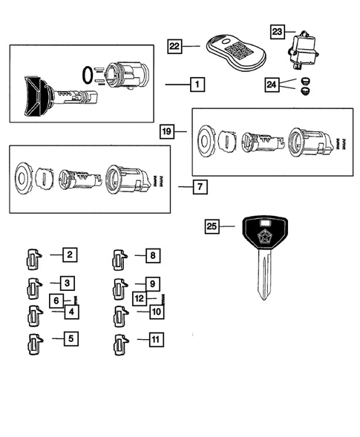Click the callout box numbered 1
(x=197, y=85)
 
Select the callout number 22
(x=175, y=46)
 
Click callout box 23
(x=278, y=32)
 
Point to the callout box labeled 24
(x=273, y=86)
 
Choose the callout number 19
(x=168, y=132)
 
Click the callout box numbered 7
(x=200, y=187)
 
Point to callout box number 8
(x=151, y=256)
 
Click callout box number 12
(x=140, y=299)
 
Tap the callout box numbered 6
(x=55, y=300)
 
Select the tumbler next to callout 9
(x=118, y=286)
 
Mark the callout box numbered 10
(x=156, y=312)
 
